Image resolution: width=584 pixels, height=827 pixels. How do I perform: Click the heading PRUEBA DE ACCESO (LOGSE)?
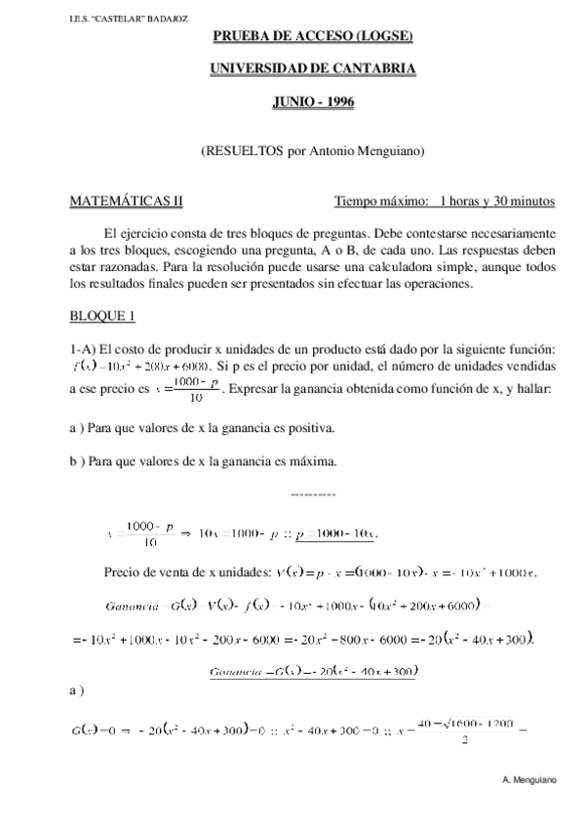pos(313,38)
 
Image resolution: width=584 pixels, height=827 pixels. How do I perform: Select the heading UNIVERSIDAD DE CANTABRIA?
pos(313,69)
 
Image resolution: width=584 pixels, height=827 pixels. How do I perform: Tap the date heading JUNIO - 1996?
pos(313,100)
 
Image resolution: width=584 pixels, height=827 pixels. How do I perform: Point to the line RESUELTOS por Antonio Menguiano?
pos(313,151)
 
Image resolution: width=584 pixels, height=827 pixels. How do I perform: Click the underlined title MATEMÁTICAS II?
pos(125,202)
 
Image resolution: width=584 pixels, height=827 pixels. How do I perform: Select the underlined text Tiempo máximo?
pos(381,202)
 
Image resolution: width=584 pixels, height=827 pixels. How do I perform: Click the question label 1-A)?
pos(82,350)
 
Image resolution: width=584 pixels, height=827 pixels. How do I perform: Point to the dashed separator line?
pos(313,494)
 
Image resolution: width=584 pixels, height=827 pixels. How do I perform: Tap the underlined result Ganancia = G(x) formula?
pos(313,671)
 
